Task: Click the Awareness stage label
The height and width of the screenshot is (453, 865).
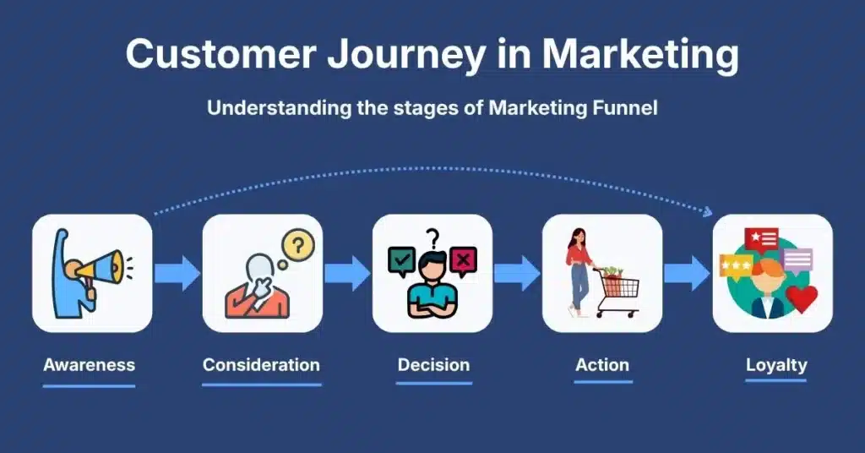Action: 89,366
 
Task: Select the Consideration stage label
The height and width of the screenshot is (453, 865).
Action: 261,366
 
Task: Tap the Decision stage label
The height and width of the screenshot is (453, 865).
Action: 433,366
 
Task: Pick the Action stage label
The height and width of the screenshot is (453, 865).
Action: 602,366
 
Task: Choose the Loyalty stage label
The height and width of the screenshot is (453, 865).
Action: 776,366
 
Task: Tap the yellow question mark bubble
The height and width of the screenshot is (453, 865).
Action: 298,246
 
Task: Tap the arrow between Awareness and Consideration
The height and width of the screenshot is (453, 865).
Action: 177,273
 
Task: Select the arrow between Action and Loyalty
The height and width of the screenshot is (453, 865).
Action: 686,273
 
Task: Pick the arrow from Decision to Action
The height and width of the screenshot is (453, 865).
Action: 516,273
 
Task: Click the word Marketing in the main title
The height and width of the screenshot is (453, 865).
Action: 639,54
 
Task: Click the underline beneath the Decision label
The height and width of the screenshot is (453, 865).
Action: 433,383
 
